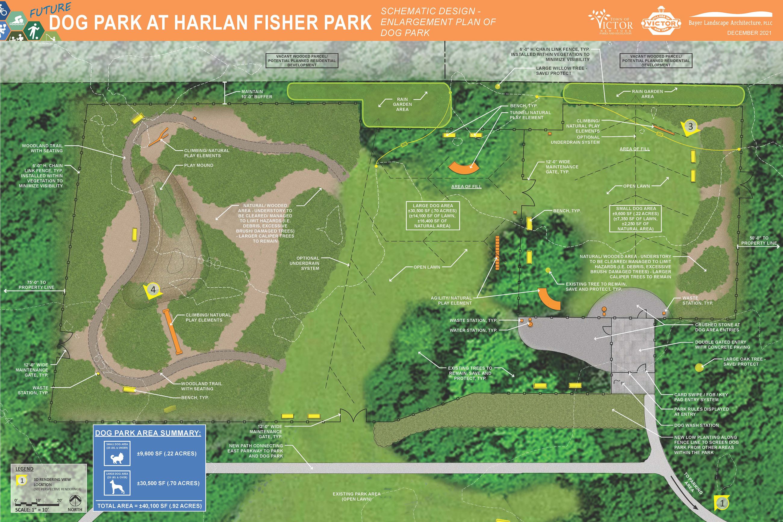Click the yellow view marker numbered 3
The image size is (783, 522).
click(690, 127)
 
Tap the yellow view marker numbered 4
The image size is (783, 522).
click(153, 290)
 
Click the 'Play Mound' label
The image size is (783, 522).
click(199, 165)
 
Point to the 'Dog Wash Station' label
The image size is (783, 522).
click(696, 425)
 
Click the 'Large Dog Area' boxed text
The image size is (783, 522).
click(432, 216)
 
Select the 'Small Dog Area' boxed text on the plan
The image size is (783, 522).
click(635, 219)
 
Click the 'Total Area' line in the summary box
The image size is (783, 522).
click(149, 506)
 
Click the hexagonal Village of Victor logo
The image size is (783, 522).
click(660, 23)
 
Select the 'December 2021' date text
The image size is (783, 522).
click(749, 33)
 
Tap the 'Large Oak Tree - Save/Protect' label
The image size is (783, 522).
click(744, 361)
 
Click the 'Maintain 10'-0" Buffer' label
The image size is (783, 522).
click(257, 94)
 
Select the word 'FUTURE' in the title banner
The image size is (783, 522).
click(51, 10)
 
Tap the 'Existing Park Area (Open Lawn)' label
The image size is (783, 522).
click(356, 496)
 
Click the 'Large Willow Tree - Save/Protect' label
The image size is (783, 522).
click(561, 70)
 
